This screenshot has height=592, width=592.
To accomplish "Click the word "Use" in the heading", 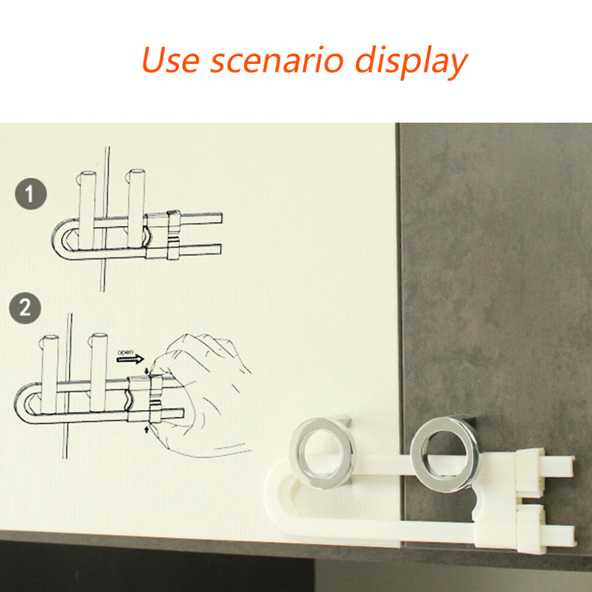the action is [x=170, y=60].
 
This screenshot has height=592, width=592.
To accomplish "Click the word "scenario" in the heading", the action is [x=277, y=60].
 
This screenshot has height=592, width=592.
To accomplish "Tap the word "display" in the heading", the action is [x=411, y=62].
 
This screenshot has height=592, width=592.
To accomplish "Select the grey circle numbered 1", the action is [x=30, y=194].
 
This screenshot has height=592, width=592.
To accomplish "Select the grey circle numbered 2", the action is [x=25, y=308].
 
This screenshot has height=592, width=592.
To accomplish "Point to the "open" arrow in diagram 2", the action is [x=130, y=359].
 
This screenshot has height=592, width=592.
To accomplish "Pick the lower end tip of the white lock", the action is [x=572, y=536].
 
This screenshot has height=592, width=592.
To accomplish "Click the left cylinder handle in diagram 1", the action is [x=87, y=209].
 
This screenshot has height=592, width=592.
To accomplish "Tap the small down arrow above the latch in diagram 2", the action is [x=147, y=371].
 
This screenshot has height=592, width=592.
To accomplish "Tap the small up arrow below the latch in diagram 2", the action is [x=147, y=429].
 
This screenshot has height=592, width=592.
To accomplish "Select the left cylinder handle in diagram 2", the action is [x=50, y=374].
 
